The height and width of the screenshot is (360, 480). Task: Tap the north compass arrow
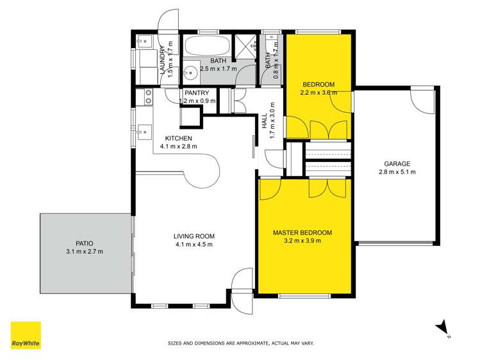pyautogui.click(x=442, y=328)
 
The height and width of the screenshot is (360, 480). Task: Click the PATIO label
pyautogui.click(x=84, y=243)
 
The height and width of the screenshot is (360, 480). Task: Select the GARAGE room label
pyautogui.click(x=397, y=163)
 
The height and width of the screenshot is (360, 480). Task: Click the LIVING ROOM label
pyautogui.click(x=194, y=236)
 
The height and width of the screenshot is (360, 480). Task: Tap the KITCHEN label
pyautogui.click(x=178, y=138)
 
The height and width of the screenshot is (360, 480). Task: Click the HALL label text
pyautogui.click(x=264, y=121)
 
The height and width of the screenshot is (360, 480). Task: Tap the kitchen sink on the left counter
pyautogui.click(x=142, y=133)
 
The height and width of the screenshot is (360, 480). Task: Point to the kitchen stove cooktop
pyautogui.click(x=148, y=97)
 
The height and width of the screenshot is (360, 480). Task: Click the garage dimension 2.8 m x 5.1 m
pyautogui.click(x=397, y=172)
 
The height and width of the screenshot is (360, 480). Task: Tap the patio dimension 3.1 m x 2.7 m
pyautogui.click(x=84, y=252)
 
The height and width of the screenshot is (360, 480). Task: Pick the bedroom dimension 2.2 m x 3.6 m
pyautogui.click(x=319, y=92)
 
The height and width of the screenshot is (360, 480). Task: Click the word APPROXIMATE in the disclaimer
pyautogui.click(x=241, y=343)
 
